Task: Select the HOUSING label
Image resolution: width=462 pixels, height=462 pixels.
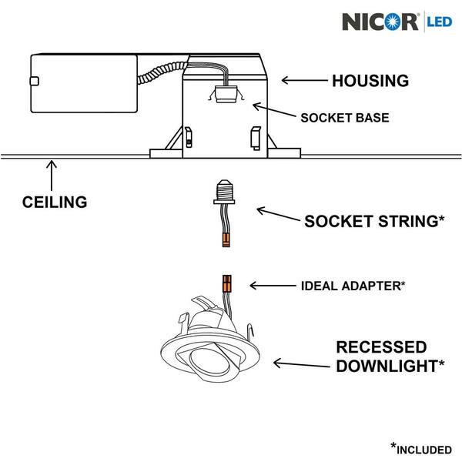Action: (x=370, y=79)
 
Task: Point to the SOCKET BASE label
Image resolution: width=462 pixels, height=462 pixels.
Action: (x=344, y=119)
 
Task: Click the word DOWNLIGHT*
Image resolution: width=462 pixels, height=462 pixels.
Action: (x=390, y=366)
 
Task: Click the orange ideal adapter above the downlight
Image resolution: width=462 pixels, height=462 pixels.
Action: (x=227, y=283)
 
